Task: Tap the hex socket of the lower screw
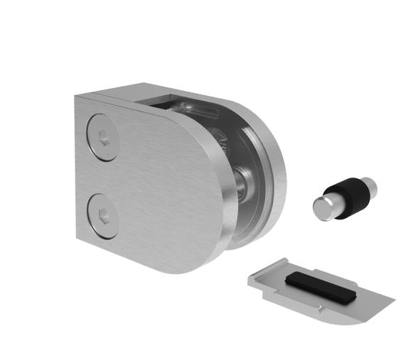(103, 213)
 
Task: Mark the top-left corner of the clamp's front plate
(75, 97)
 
